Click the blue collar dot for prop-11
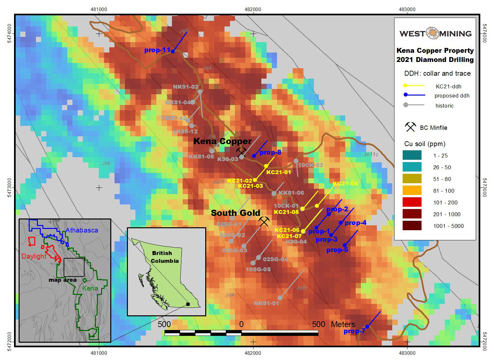[x=173, y=51]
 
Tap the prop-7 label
[x=354, y=331]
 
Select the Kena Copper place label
[x=223, y=141]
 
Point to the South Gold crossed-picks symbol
[x=264, y=221]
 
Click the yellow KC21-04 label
[x=345, y=184]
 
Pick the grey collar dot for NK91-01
[x=280, y=298]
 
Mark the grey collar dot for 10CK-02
[x=296, y=161]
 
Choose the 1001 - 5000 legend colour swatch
[x=412, y=226]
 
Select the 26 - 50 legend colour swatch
[x=412, y=167]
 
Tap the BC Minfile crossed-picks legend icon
[x=410, y=127]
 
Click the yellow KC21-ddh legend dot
[x=405, y=86]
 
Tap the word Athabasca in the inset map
[x=82, y=230]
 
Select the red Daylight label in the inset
[x=34, y=256]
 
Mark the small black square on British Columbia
[x=188, y=304]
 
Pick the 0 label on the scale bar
[x=241, y=324]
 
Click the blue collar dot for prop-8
[x=254, y=156]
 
